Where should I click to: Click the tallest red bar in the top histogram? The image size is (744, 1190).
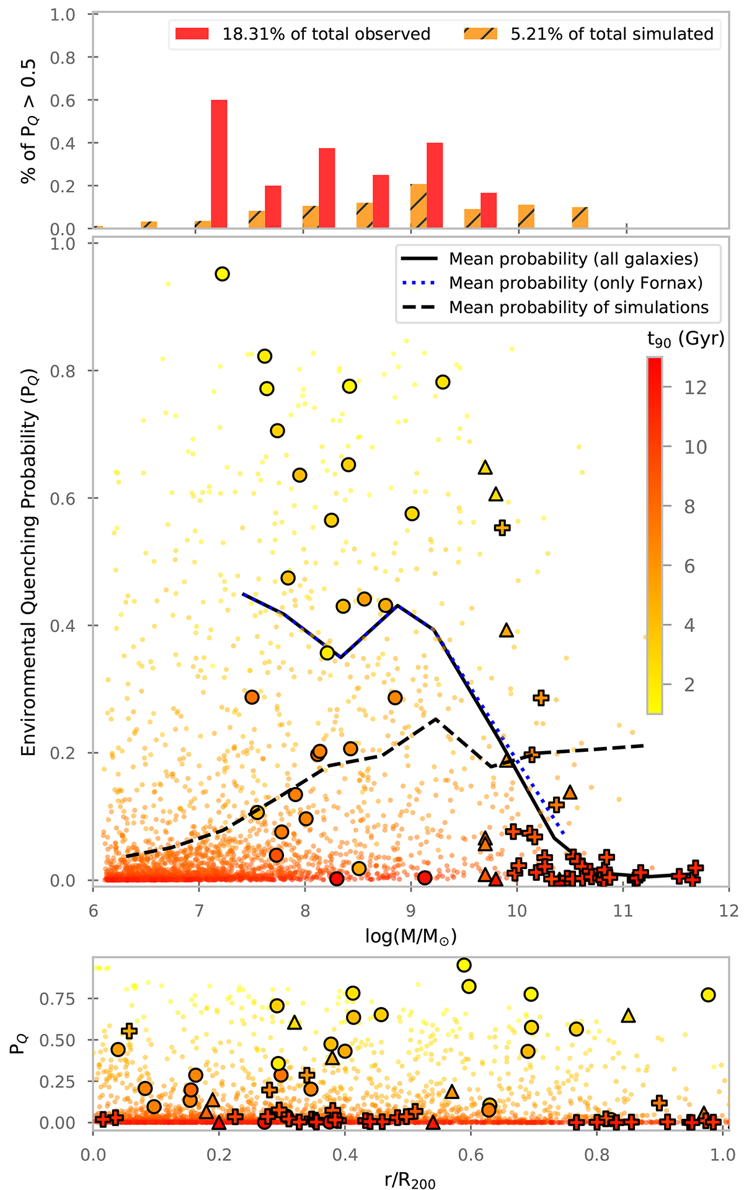coord(219,164)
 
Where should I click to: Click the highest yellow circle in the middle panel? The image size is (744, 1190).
coord(222,274)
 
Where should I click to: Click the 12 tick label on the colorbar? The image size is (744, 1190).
coord(695,388)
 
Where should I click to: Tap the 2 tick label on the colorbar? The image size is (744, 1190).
coord(689,685)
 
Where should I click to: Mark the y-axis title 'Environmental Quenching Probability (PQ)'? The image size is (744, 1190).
coord(29,562)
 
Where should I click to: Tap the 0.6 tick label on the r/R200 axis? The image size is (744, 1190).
coord(471,1155)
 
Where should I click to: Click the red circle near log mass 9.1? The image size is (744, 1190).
coord(425,878)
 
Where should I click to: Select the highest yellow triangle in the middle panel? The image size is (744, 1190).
coord(485,468)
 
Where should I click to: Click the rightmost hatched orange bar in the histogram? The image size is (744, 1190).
coord(580,218)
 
